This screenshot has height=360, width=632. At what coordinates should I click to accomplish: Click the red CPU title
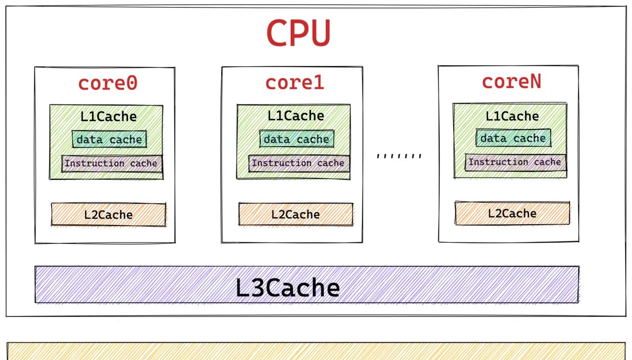(298, 33)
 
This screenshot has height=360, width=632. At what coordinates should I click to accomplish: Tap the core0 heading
(108, 83)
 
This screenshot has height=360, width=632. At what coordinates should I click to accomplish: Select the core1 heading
(295, 82)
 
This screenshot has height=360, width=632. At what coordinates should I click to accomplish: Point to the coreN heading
(512, 81)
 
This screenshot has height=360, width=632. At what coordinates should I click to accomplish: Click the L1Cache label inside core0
(109, 117)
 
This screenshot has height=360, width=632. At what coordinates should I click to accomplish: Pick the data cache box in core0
(109, 140)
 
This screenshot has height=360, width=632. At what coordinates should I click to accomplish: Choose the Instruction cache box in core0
(112, 163)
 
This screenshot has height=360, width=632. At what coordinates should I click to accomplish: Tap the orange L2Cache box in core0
(108, 215)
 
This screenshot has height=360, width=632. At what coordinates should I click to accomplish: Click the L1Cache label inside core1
(296, 116)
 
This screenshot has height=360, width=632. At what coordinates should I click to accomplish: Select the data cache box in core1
(296, 139)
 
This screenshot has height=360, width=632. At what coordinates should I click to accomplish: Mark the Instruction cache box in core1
(299, 163)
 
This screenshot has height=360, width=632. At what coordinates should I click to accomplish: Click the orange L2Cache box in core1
(295, 214)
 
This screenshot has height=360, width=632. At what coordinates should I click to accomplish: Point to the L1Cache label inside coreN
(512, 116)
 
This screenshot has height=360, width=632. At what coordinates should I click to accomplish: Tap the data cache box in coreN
(513, 138)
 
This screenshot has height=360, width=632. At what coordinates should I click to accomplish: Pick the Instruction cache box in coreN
(515, 162)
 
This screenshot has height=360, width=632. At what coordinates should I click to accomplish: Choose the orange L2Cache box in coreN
(512, 213)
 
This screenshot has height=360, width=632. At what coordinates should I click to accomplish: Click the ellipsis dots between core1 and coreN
(399, 156)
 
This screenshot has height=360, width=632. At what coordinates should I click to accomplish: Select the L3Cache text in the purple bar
(287, 287)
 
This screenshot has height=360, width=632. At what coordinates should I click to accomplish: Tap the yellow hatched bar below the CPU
(316, 352)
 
